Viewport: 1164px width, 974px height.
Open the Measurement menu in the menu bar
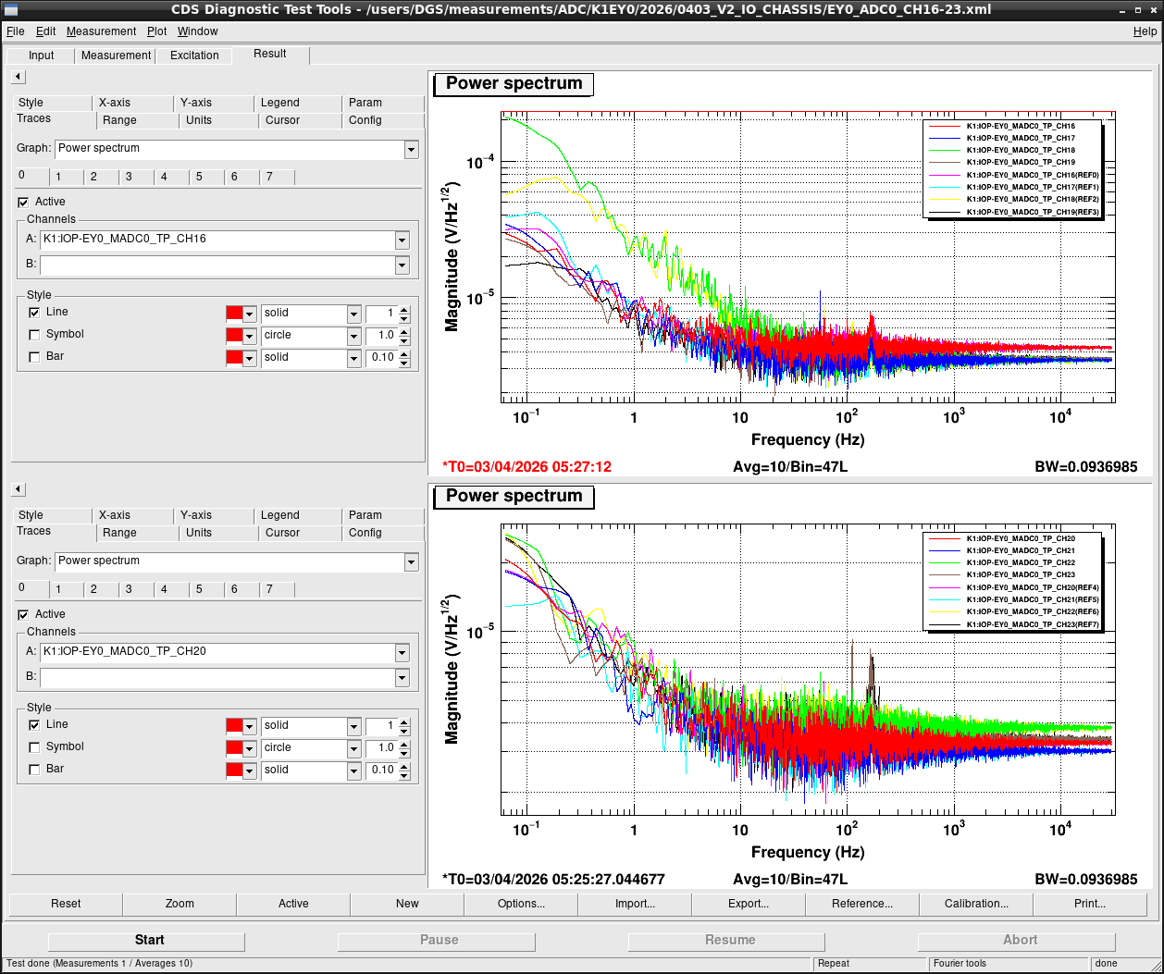[101, 31]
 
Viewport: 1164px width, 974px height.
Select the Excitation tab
[194, 55]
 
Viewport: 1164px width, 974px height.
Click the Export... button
[749, 903]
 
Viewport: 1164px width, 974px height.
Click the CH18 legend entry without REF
[1021, 150]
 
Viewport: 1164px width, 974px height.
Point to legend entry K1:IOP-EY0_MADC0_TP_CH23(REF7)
[1033, 624]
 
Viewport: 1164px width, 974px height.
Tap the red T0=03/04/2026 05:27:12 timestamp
[526, 466]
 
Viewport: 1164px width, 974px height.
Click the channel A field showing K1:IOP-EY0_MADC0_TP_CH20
[218, 651]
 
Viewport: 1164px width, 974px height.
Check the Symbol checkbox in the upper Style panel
[34, 335]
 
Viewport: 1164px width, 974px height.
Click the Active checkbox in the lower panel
[23, 614]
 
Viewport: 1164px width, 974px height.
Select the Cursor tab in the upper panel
[282, 120]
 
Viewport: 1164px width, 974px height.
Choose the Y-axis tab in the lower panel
[195, 515]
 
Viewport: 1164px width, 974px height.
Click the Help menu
[1145, 31]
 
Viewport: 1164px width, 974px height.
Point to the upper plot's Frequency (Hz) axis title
[808, 439]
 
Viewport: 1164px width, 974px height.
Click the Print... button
[1089, 903]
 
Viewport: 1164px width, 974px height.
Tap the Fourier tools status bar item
[960, 963]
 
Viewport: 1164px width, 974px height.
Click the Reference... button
[861, 903]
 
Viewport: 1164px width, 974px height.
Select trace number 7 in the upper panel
[270, 177]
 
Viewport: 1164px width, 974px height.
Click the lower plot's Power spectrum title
[514, 496]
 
